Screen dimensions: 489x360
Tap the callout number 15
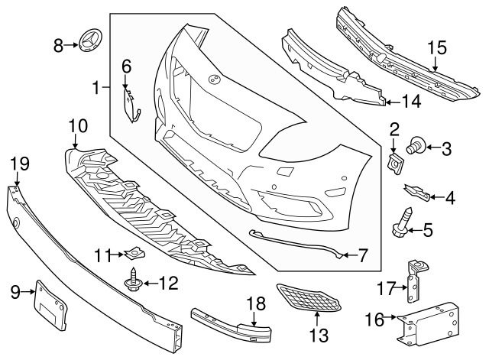click(x=436, y=48)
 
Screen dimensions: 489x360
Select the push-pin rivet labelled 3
click(x=415, y=146)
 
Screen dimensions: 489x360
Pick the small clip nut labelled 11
click(x=135, y=252)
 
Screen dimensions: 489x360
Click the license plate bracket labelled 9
click(x=51, y=304)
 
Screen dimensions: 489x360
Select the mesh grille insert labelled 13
click(x=308, y=297)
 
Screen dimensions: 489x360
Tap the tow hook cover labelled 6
click(x=131, y=105)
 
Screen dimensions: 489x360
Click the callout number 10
click(x=78, y=126)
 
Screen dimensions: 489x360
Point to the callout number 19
click(x=19, y=164)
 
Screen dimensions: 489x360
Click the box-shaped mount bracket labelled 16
click(x=428, y=323)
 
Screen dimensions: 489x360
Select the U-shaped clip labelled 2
click(x=395, y=163)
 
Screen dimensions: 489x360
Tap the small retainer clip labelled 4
click(x=417, y=192)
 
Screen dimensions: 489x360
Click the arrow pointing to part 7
click(x=349, y=255)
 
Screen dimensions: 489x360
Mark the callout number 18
click(x=256, y=304)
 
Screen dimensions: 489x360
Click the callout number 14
click(x=411, y=102)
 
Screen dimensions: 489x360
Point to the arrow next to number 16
click(x=390, y=317)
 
